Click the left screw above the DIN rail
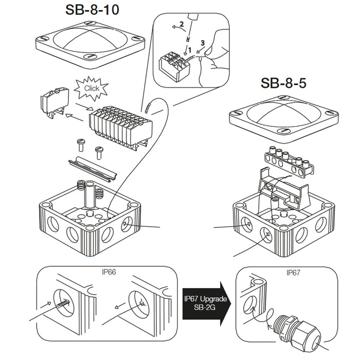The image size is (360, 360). coord(80,143)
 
